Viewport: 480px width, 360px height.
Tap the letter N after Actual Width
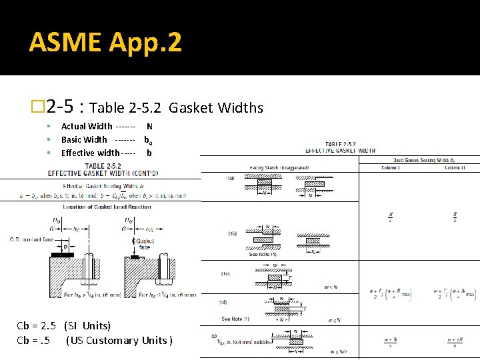pyautogui.click(x=149, y=126)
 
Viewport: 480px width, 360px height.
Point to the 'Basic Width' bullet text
pyautogui.click(x=84, y=139)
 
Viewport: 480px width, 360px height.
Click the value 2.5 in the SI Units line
pyautogui.click(x=49, y=326)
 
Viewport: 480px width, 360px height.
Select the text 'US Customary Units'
pyautogui.click(x=119, y=341)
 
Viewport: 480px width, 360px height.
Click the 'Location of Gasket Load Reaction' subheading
pyautogui.click(x=97, y=207)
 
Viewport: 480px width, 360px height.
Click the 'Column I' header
pyautogui.click(x=390, y=167)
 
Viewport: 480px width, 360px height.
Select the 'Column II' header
pyautogui.click(x=454, y=167)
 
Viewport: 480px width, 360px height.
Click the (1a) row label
pyautogui.click(x=230, y=178)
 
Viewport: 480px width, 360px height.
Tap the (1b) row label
pyautogui.click(x=231, y=234)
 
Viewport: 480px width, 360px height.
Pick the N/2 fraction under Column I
pyautogui.click(x=390, y=217)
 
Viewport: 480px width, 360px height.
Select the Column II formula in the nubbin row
pyautogui.click(x=454, y=341)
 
